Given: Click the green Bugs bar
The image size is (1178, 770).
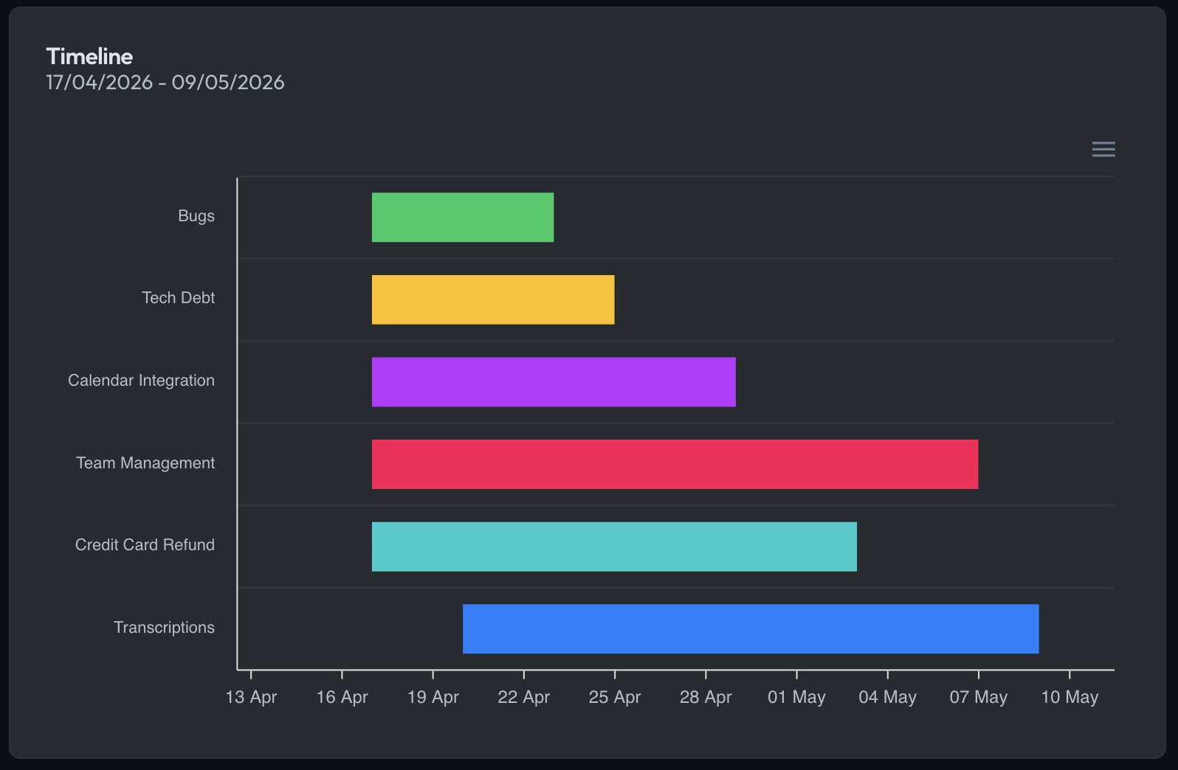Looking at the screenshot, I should coord(463,218).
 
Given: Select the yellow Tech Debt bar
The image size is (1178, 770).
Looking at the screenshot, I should coord(493,299).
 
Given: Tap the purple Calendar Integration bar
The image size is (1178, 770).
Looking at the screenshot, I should coord(554,382).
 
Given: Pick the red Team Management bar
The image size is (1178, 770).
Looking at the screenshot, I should coord(675,464).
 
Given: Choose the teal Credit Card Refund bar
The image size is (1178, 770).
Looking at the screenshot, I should coord(614,547).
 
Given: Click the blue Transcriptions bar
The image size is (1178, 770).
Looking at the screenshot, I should coord(751,628).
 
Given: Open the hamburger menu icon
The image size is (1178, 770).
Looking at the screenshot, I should coord(1103,149).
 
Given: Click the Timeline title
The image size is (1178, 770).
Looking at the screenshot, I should coord(89,57).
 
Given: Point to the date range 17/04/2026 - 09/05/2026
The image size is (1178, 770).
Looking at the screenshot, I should coord(165,83).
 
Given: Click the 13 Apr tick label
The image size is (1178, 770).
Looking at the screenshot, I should coord(251,697).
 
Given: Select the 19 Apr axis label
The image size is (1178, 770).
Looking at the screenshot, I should coord(433,697).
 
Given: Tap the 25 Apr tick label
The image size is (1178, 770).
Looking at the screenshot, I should coord(615,697).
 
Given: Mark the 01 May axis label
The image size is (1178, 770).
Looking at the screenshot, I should coord(796,697).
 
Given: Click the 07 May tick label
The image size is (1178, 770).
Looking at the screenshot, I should coord(978,697).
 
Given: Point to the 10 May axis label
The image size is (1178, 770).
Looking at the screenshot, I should coord(1069,697).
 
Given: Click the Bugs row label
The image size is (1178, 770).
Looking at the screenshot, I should coord(196,216).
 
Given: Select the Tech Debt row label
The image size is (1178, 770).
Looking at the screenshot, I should coord(179,298).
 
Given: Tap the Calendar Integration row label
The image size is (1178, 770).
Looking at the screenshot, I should coord(142,381).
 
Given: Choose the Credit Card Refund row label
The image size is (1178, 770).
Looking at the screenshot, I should coord(145,545).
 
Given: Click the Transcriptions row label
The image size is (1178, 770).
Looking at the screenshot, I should coord(165,628).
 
